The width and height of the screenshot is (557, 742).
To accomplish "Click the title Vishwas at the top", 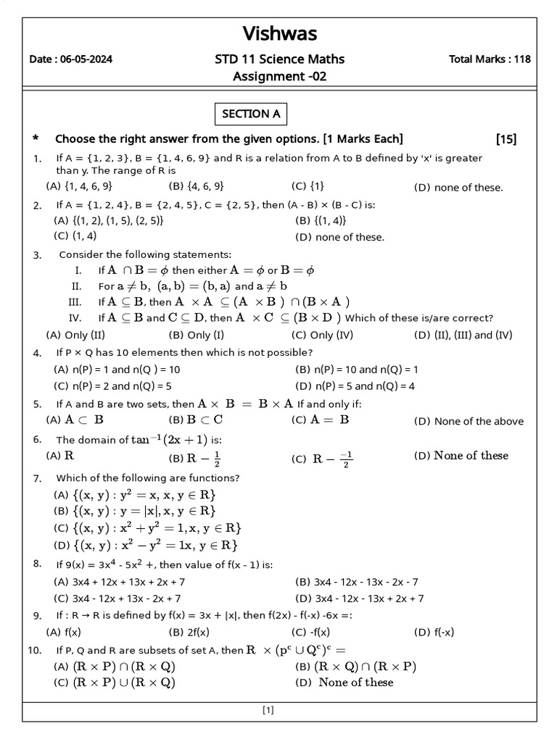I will tap(279, 33).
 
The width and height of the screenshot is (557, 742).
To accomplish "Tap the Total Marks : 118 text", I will tap(490, 59).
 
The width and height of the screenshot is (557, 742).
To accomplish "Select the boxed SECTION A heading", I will tap(250, 114).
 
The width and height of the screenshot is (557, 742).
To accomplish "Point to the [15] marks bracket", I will tap(506, 139).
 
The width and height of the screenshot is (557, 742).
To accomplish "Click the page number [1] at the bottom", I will tap(268, 711).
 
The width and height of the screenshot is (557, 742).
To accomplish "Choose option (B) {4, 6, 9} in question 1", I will tap(196, 186).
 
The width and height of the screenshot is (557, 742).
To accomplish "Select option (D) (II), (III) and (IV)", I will tap(463, 335).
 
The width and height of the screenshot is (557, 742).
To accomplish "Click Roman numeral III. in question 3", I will tap(75, 302).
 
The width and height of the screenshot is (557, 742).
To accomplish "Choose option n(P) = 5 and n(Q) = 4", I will tap(355, 386).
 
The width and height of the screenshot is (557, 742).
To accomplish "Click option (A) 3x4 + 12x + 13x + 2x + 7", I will tap(120, 582).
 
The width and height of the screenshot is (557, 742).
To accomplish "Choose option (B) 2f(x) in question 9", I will tap(189, 632).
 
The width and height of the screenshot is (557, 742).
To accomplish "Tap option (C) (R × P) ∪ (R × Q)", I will tap(115, 683).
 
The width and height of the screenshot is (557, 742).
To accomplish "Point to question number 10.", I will tap(35, 651).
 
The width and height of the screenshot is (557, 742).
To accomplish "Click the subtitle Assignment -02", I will tap(279, 76).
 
